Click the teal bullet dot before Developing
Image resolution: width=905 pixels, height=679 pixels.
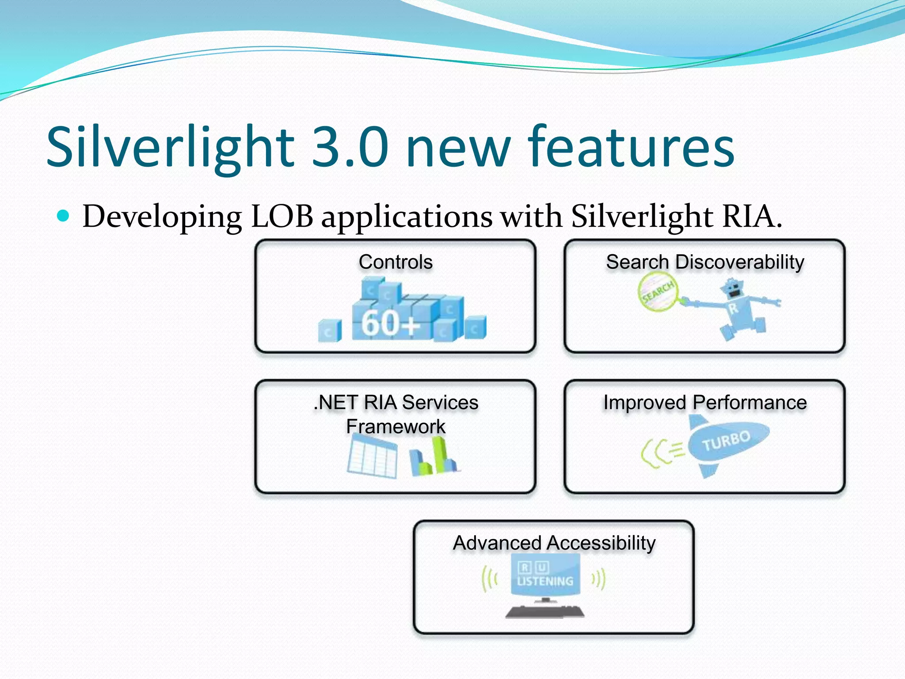(64, 216)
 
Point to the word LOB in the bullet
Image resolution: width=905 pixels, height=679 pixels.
(282, 217)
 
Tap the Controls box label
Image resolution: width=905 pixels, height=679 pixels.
(395, 262)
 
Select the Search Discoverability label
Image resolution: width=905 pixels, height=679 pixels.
(705, 262)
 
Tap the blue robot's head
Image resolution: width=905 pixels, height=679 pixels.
(733, 290)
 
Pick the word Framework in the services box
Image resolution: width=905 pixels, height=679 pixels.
(395, 427)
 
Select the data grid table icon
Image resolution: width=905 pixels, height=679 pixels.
(372, 460)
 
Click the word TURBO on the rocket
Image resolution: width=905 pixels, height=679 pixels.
(726, 441)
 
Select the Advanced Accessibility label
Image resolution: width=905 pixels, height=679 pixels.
(554, 543)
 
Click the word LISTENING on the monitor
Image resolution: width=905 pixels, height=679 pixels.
(545, 581)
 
